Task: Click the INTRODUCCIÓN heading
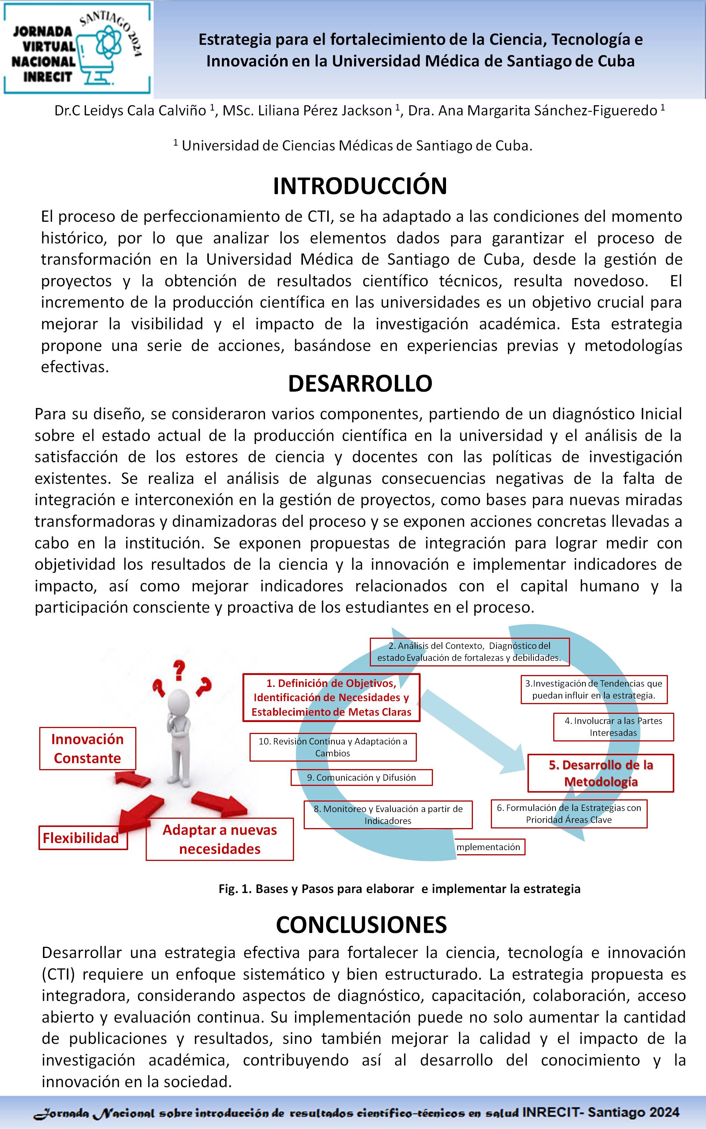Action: [360, 186]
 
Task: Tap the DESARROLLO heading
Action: [360, 383]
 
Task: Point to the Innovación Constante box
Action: [87, 748]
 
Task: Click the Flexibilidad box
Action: [82, 838]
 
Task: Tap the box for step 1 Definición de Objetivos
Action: [331, 697]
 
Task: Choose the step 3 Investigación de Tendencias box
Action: [594, 689]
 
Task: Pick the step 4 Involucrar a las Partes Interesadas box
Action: [613, 727]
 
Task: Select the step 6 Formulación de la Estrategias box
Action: [569, 814]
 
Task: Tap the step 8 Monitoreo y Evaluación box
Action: [388, 815]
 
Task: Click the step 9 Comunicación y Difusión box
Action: [362, 777]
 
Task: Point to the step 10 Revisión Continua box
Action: [332, 747]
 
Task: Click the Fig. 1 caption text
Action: [399, 889]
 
